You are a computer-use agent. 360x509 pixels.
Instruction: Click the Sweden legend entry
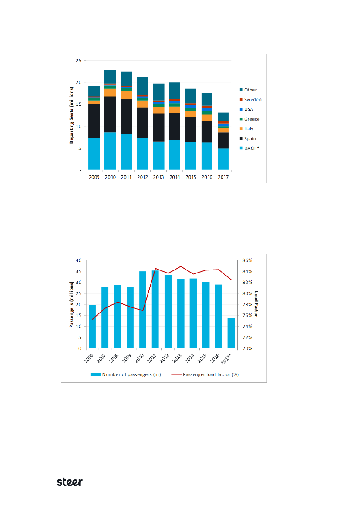click(252, 99)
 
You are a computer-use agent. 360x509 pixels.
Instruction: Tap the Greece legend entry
click(252, 119)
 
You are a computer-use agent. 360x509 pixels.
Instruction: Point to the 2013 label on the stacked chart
click(158, 177)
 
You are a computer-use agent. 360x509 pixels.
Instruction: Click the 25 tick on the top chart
click(78, 61)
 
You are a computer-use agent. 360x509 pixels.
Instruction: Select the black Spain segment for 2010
click(110, 114)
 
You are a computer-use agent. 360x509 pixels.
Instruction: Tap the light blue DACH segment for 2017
click(223, 159)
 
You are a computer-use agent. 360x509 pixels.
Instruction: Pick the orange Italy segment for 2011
click(126, 95)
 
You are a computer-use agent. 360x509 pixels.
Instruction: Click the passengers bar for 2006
click(92, 327)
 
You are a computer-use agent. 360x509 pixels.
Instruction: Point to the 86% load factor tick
click(247, 260)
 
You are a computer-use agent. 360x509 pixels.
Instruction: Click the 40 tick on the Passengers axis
click(79, 260)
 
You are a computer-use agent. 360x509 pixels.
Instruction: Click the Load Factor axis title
click(257, 304)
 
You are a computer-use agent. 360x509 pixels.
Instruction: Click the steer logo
click(70, 482)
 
